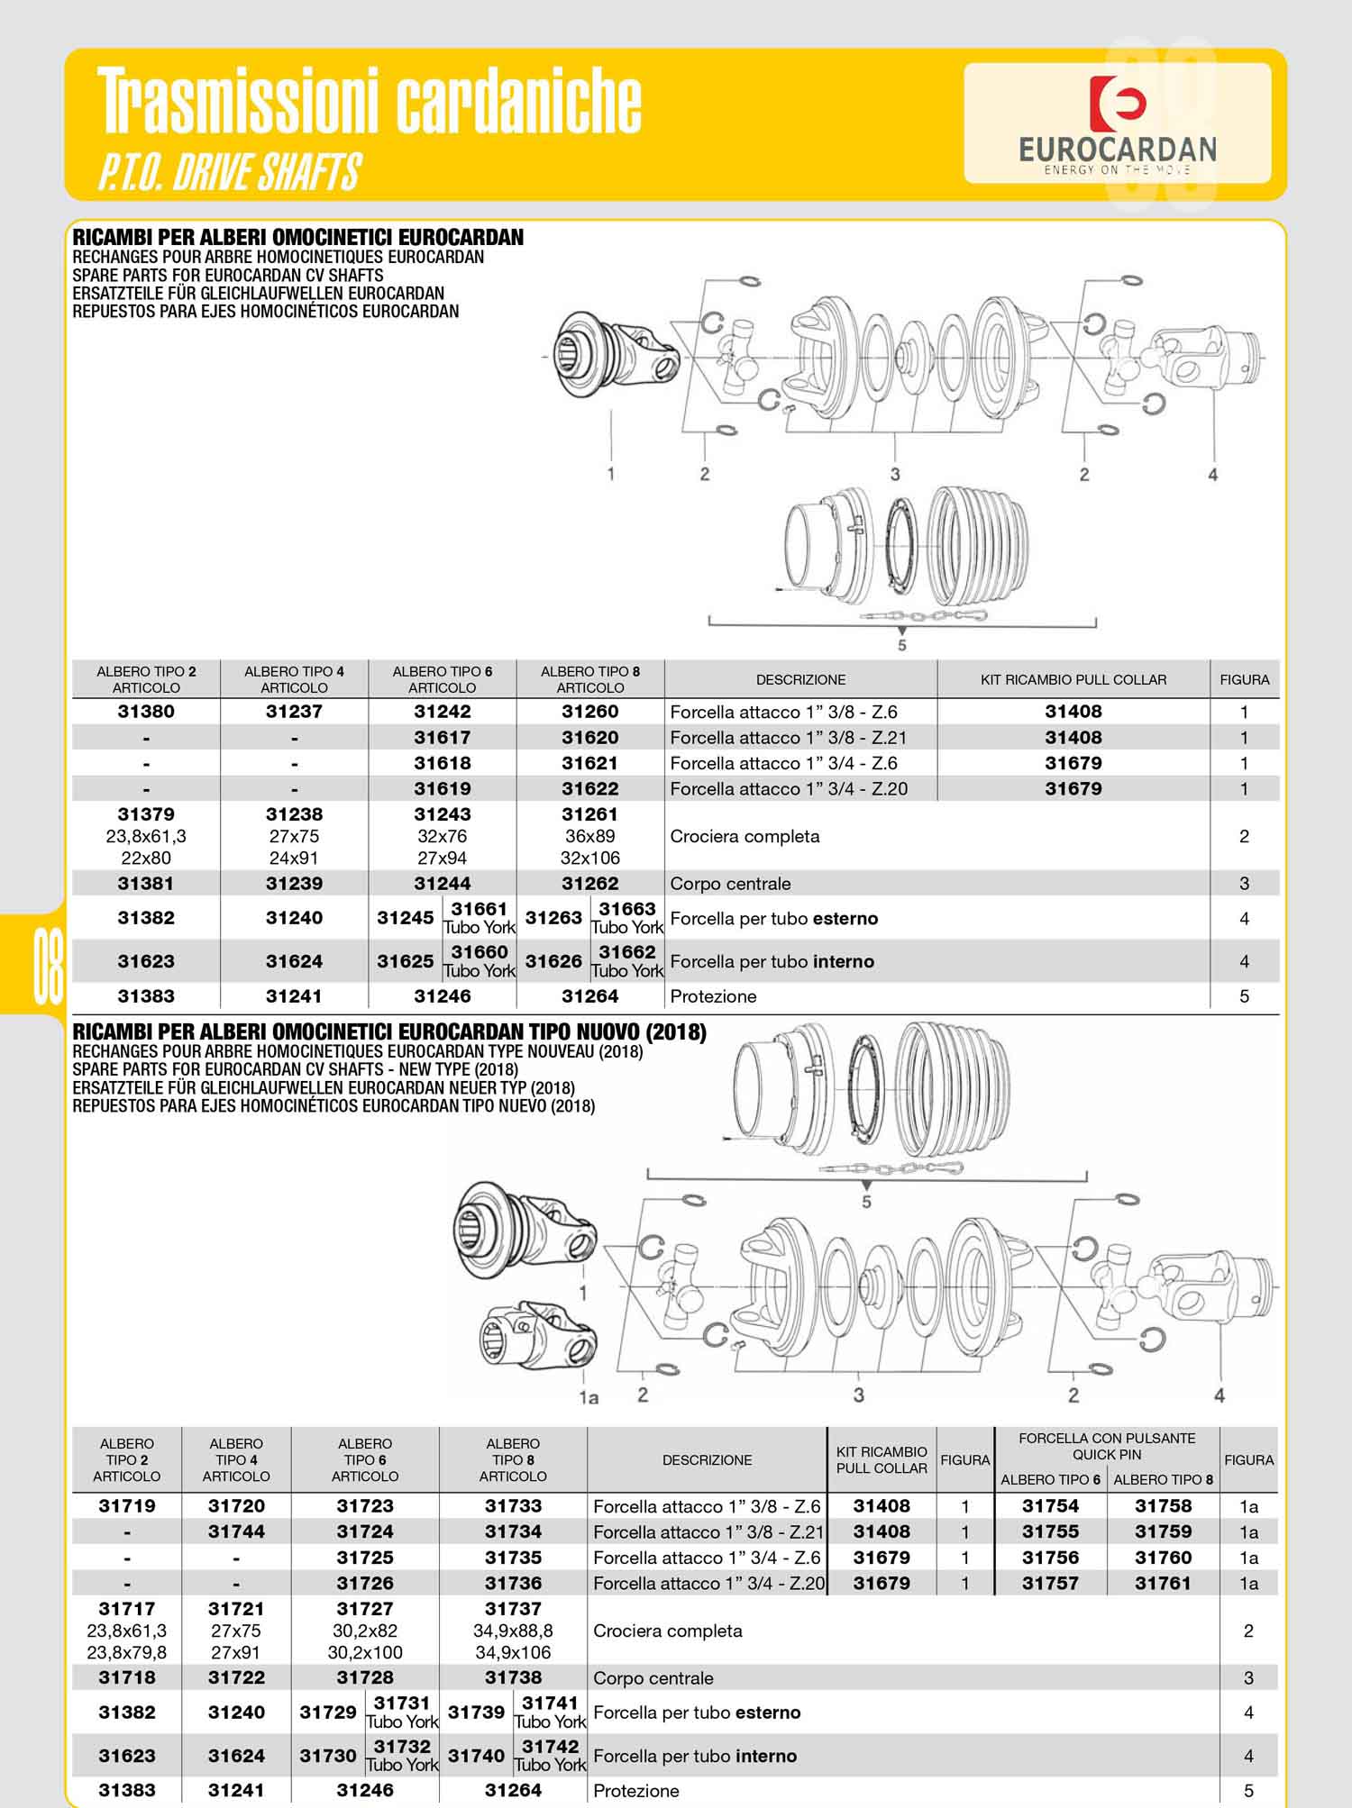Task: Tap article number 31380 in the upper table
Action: (x=146, y=712)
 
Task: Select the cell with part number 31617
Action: (x=443, y=738)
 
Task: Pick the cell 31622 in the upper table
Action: (x=590, y=789)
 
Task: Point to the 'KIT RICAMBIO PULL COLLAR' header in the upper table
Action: (x=1073, y=680)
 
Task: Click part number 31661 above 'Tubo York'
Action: (x=480, y=909)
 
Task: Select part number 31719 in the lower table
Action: (x=127, y=1506)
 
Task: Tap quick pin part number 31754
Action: (x=1050, y=1506)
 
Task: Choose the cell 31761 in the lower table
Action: (x=1164, y=1583)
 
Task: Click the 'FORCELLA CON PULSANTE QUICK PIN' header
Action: (x=1107, y=1447)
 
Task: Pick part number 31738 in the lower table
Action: (x=513, y=1677)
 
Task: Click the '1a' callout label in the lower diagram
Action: (x=589, y=1397)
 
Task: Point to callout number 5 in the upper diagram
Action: (x=902, y=645)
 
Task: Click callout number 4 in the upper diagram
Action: (x=1212, y=474)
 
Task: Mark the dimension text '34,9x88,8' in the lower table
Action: (x=513, y=1631)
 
